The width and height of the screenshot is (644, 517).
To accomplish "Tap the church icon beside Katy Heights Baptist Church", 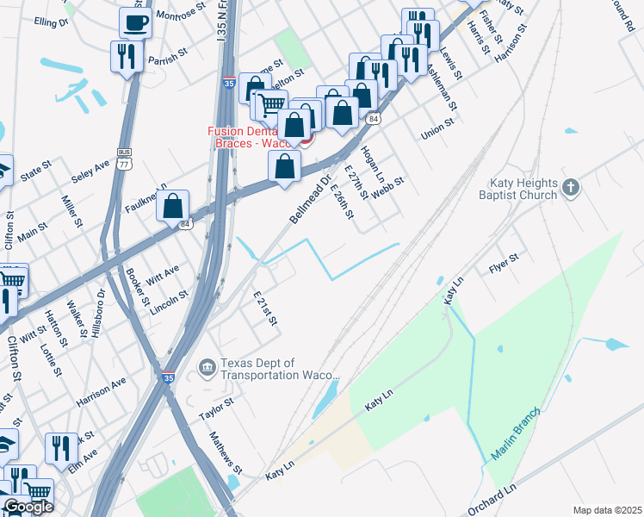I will (x=570, y=187).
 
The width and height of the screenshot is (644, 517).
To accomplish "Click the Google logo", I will (x=28, y=508).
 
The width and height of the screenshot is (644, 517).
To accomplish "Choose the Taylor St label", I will (x=216, y=408).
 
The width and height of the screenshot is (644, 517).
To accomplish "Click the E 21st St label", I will (x=265, y=308).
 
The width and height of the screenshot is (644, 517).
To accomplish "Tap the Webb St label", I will (x=388, y=184).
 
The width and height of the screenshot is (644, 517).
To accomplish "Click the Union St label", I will (x=437, y=132).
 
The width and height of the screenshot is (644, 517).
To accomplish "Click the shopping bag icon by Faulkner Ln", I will (x=173, y=206).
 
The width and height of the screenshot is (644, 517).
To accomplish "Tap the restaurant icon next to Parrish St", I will (x=127, y=57).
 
